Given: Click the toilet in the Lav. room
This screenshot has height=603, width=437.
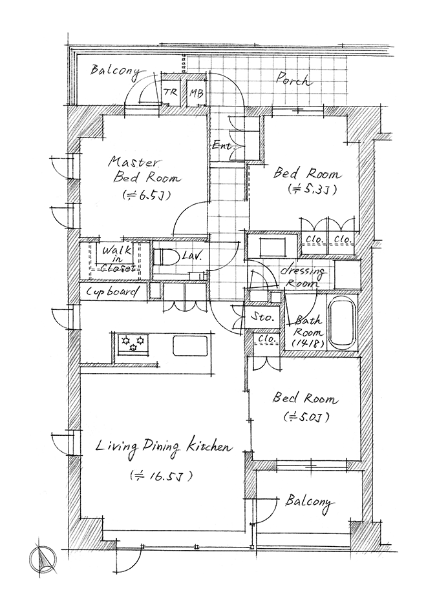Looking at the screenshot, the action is pyautogui.click(x=165, y=257).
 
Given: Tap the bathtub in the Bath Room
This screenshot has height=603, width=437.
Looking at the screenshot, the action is pyautogui.click(x=342, y=322).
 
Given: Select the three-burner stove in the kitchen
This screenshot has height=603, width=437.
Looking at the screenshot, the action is pyautogui.click(x=133, y=343).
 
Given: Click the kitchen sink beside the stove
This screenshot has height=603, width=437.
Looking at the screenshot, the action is pyautogui.click(x=190, y=345).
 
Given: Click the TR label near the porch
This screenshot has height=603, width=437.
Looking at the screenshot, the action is pyautogui.click(x=170, y=92).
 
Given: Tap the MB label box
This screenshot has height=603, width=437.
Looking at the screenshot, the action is pyautogui.click(x=197, y=93).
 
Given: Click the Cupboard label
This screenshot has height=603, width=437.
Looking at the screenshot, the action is pyautogui.click(x=112, y=292).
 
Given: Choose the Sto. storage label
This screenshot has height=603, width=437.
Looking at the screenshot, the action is pyautogui.click(x=262, y=318).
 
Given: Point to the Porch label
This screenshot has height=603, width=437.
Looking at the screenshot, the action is pyautogui.click(x=292, y=79).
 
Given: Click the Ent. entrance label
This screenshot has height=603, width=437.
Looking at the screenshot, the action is pyautogui.click(x=223, y=146).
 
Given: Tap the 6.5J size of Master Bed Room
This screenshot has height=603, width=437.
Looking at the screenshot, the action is pyautogui.click(x=146, y=195).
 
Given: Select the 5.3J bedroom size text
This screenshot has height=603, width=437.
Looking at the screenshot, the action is pyautogui.click(x=312, y=189).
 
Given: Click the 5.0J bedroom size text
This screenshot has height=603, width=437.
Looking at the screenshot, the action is pyautogui.click(x=306, y=417).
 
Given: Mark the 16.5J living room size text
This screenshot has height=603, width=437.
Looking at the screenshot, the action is pyautogui.click(x=161, y=476).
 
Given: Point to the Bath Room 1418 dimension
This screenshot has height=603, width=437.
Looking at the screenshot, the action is pyautogui.click(x=308, y=343).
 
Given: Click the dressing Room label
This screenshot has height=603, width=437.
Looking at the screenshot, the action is pyautogui.click(x=303, y=277).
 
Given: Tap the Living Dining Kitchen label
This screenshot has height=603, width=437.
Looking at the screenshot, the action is pyautogui.click(x=164, y=447).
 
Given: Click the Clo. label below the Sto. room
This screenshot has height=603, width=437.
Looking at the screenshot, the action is pyautogui.click(x=266, y=339).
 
